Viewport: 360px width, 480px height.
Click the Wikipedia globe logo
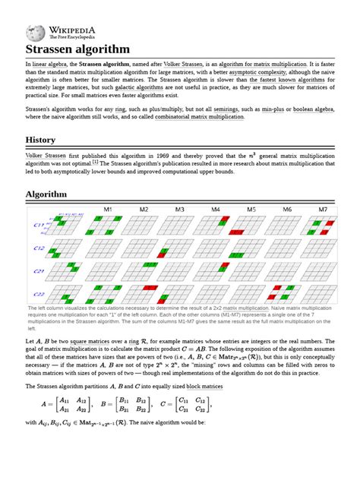pyautogui.click(x=35, y=32)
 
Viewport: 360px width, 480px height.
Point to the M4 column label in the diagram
pyautogui.click(x=216, y=209)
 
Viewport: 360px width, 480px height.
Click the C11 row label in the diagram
pyautogui.click(x=37, y=226)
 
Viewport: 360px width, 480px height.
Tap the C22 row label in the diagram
pyautogui.click(x=37, y=295)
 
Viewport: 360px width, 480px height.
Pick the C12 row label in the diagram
pyautogui.click(x=37, y=248)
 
